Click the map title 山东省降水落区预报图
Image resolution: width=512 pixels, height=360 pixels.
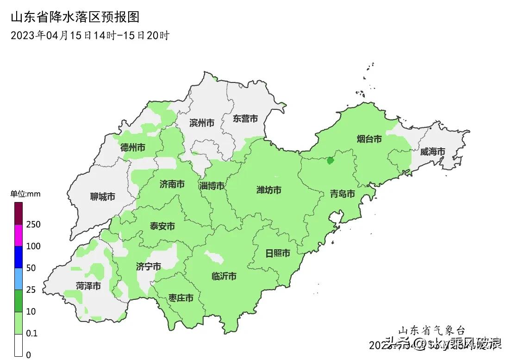point(75,18)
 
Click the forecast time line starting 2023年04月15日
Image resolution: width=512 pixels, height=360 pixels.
point(90,35)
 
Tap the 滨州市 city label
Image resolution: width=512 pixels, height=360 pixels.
point(202,123)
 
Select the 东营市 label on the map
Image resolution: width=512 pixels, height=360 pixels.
point(245,119)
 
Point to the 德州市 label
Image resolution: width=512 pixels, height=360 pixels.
point(133,147)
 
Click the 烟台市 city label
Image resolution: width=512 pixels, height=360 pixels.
point(369,139)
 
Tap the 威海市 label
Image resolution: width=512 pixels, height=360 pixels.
point(432,152)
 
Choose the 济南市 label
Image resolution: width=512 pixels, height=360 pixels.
point(172,184)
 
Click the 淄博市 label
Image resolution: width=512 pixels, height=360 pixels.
point(212,186)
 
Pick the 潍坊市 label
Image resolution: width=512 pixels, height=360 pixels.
point(269,190)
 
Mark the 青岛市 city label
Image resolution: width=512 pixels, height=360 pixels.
point(343,194)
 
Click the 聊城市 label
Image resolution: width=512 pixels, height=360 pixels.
point(102,197)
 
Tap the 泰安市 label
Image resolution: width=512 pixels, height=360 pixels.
point(162,226)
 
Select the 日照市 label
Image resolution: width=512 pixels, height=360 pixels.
point(278,253)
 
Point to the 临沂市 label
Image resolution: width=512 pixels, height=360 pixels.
point(224,276)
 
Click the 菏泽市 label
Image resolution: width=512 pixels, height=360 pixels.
point(88,286)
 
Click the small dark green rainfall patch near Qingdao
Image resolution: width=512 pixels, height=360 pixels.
point(330,161)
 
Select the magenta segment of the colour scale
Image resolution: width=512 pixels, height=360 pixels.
point(19,235)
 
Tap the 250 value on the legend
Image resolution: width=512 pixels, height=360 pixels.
point(34,225)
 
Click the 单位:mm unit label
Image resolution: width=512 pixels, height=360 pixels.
point(25,194)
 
